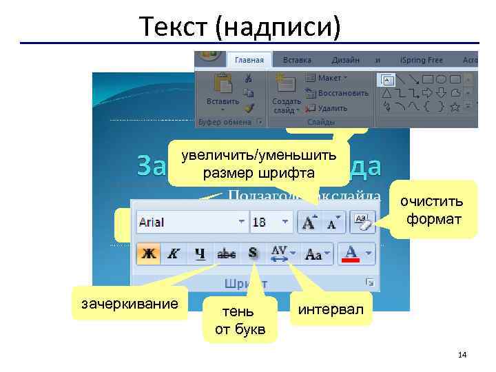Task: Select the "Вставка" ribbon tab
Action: [297, 61]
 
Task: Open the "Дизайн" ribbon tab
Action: [345, 61]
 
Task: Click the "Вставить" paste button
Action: [223, 91]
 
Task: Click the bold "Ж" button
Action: [148, 254]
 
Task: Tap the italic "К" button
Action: [174, 254]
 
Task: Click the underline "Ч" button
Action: [199, 254]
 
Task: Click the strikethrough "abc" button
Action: [227, 254]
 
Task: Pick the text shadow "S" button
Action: [254, 254]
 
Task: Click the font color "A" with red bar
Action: [351, 254]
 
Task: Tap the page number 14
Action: [462, 355]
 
